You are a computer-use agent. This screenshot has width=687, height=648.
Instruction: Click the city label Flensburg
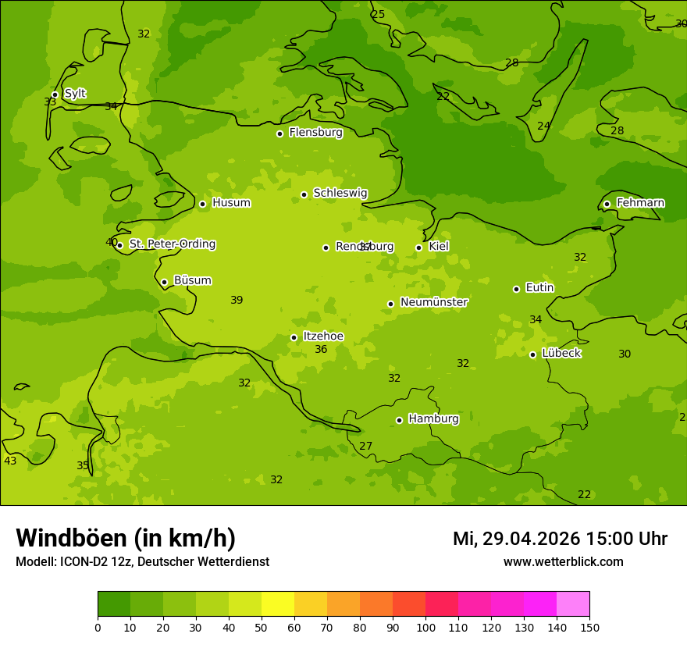(315, 133)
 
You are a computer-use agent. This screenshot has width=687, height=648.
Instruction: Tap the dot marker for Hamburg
(399, 420)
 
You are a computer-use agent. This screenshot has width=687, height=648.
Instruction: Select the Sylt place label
(75, 94)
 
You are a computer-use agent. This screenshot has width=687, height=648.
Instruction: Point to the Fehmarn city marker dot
(607, 204)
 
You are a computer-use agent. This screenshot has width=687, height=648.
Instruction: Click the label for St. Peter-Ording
(173, 244)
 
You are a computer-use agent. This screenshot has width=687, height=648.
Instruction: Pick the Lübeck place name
(561, 353)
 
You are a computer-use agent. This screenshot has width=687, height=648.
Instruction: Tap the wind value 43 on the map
(10, 461)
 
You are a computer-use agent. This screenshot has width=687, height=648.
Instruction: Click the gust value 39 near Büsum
(237, 301)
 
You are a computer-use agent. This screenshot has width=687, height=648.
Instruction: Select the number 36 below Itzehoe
(321, 350)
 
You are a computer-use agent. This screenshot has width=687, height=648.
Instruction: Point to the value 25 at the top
(379, 15)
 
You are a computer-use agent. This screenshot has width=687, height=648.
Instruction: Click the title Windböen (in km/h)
(126, 538)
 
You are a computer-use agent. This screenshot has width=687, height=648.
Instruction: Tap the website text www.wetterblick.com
(563, 561)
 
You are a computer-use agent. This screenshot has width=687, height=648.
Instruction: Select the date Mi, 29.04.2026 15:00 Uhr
(560, 539)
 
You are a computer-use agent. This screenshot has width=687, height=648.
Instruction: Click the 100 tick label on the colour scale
(425, 627)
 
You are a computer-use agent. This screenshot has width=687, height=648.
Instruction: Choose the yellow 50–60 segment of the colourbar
(278, 604)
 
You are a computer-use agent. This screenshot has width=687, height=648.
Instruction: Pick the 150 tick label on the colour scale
(589, 627)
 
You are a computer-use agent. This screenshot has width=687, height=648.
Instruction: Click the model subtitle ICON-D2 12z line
(142, 561)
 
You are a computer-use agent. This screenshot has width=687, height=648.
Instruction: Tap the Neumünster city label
(434, 302)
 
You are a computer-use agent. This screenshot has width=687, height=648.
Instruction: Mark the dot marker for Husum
(202, 204)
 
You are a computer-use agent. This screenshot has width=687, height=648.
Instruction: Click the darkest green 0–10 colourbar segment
(114, 604)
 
